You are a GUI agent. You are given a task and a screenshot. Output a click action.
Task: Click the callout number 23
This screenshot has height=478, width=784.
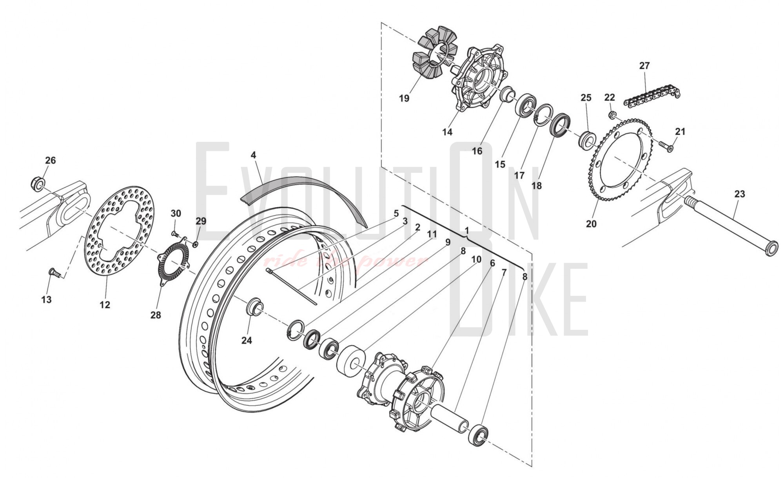pos(739,194)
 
